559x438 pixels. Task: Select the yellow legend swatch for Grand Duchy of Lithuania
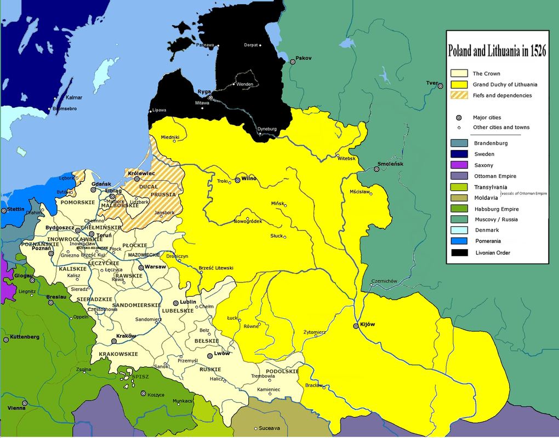[x=459, y=84]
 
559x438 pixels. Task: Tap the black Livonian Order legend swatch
[x=459, y=252]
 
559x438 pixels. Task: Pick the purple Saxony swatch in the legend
[x=459, y=165]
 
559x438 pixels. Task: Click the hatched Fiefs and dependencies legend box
[x=459, y=95]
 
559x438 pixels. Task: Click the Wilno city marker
[x=237, y=179]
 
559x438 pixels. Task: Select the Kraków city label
[x=126, y=336]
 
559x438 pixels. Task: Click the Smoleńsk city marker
[x=377, y=169]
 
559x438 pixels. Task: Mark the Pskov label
[x=303, y=57]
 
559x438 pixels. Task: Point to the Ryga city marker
[x=211, y=98]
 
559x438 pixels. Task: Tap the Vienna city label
[x=16, y=408]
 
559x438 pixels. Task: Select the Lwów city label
[x=222, y=353]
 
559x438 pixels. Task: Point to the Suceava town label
[x=269, y=428]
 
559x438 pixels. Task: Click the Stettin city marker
[x=4, y=210]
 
